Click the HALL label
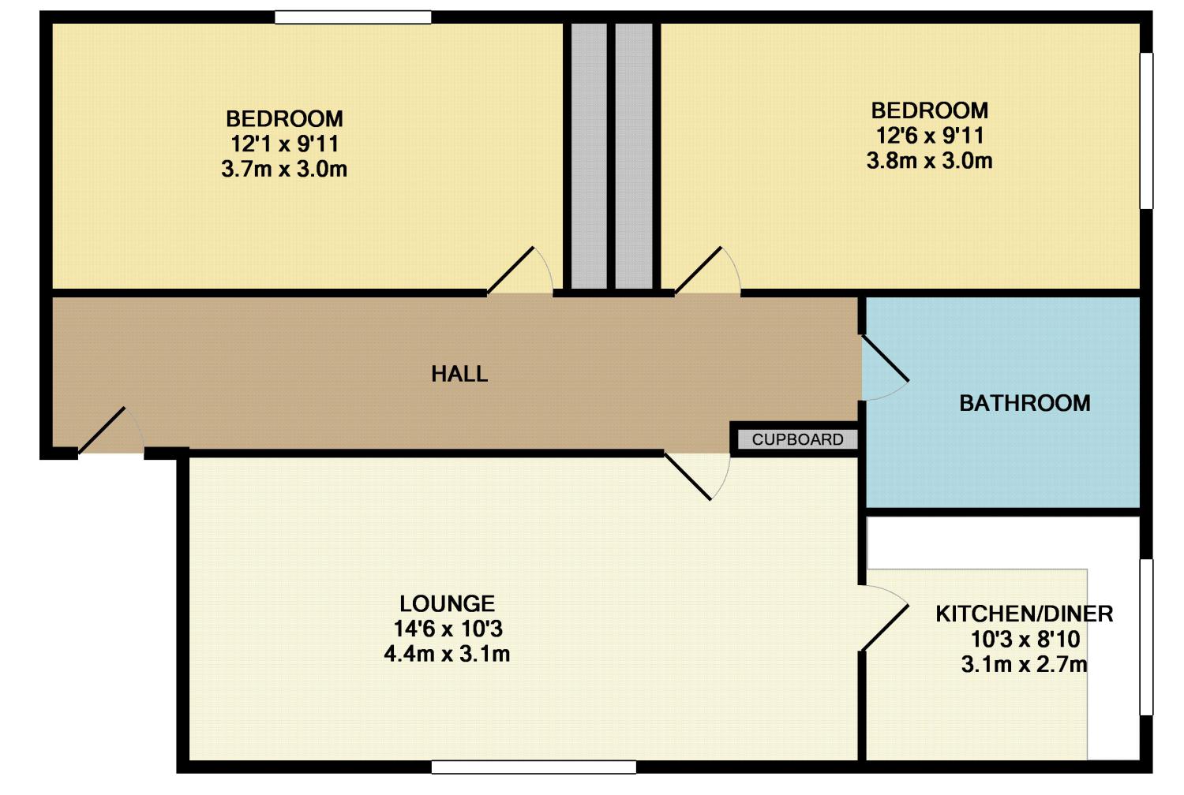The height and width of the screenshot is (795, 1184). [459, 374]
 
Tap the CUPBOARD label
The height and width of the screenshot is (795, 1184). [797, 439]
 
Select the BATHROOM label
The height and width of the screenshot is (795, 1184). [1025, 403]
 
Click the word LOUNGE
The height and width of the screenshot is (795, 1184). [448, 603]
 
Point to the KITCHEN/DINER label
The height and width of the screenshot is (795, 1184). [1025, 614]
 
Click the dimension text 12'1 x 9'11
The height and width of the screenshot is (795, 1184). [284, 144]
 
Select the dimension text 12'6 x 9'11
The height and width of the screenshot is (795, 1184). [930, 136]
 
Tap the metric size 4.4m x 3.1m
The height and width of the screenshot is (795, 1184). [448, 654]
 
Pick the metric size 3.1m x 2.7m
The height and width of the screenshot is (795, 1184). [1025, 665]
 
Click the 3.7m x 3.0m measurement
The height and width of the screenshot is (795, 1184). [284, 170]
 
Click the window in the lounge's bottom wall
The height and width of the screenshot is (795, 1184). [534, 767]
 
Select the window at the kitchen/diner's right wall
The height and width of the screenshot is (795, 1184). [1146, 637]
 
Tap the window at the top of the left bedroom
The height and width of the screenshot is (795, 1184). [353, 17]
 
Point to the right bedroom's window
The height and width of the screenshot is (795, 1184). [1146, 130]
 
